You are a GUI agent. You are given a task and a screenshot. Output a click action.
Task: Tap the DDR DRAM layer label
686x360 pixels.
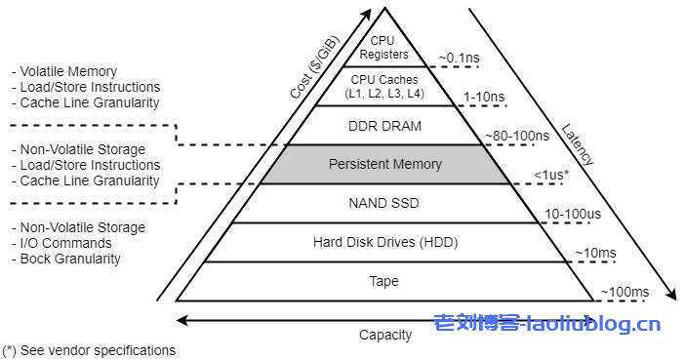tap(384, 125)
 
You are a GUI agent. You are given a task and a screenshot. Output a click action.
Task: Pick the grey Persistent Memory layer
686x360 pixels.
tap(384, 164)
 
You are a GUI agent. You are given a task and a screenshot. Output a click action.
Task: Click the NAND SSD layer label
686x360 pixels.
tap(384, 203)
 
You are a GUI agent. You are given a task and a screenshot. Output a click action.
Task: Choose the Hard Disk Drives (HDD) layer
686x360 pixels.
tap(384, 242)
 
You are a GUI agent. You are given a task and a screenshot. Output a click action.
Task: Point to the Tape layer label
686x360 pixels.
tap(384, 281)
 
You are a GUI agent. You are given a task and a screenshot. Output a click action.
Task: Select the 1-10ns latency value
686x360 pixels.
tap(485, 97)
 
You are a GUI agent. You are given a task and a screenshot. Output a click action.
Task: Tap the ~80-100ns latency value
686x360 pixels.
tap(516, 136)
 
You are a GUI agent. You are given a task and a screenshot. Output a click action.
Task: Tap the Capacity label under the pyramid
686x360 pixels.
tap(385, 335)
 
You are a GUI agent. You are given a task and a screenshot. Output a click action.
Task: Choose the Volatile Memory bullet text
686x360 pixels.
tap(68, 71)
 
